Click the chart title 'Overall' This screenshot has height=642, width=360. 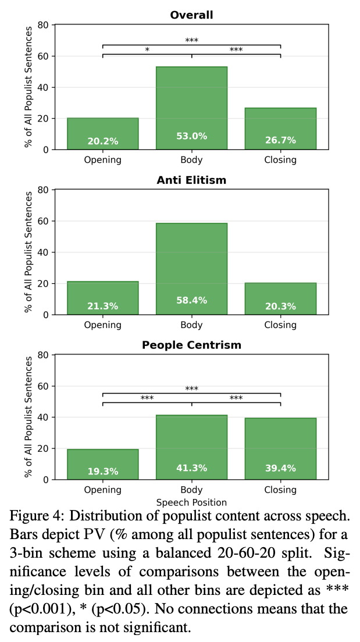pyautogui.click(x=191, y=15)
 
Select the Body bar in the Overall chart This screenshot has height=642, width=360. pyautogui.click(x=191, y=105)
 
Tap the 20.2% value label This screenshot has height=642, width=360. pyautogui.click(x=102, y=141)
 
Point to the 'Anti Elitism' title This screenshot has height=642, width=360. pyautogui.click(x=191, y=180)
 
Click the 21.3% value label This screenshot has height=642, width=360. pyautogui.click(x=102, y=306)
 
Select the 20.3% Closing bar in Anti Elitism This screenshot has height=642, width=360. pyautogui.click(x=280, y=297)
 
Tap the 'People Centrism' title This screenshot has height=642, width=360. pyautogui.click(x=191, y=345)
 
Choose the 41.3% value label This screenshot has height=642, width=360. pyautogui.click(x=191, y=468)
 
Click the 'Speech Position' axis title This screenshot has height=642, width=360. pyautogui.click(x=191, y=502)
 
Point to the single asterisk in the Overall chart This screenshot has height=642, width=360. pyautogui.click(x=147, y=50)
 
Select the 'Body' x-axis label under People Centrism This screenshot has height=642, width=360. pyautogui.click(x=191, y=490)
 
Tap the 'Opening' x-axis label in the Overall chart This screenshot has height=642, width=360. pyautogui.click(x=102, y=159)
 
